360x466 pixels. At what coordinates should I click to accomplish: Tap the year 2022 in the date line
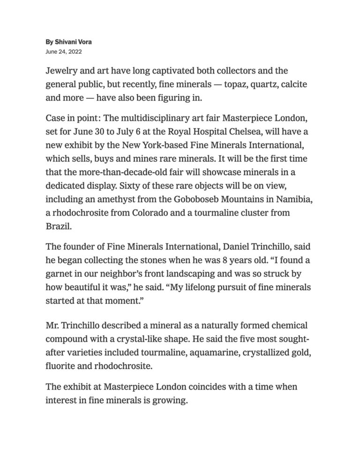tap(75, 51)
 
